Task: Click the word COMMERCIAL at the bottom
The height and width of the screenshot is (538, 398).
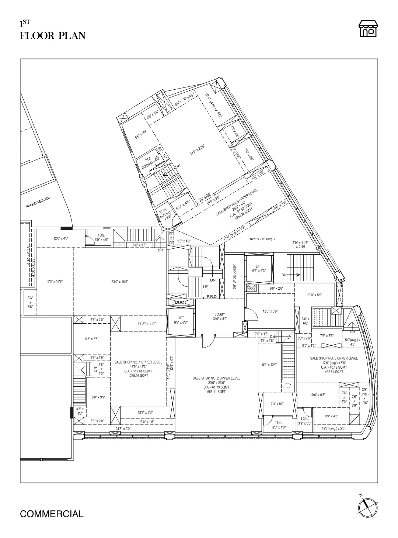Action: tap(52, 514)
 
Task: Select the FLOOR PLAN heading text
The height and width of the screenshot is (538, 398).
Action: tap(53, 36)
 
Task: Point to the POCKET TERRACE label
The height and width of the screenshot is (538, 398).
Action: tap(38, 203)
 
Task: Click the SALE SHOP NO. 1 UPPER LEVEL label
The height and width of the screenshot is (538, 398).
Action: tap(138, 362)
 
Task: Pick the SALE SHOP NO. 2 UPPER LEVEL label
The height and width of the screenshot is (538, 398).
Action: tap(216, 378)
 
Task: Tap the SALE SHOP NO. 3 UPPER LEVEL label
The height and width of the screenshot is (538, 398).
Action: tap(334, 358)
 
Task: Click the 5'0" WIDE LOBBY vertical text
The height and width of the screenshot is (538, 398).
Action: tap(234, 276)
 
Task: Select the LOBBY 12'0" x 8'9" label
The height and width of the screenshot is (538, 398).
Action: tap(220, 317)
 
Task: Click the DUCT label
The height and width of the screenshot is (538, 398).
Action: tap(181, 303)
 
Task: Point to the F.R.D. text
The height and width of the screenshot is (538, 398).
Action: tap(212, 296)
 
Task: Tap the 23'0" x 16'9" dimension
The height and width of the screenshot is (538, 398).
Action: tap(120, 282)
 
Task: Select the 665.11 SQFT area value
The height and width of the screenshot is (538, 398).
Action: tap(216, 392)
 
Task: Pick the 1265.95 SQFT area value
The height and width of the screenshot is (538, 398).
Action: tap(138, 376)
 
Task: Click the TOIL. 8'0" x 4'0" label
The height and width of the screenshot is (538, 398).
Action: tap(279, 425)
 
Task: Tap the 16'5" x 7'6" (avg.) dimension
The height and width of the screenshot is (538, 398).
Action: tap(262, 239)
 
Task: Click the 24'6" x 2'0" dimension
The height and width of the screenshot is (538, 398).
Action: tap(123, 429)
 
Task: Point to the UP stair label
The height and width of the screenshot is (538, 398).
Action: tap(206, 287)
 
